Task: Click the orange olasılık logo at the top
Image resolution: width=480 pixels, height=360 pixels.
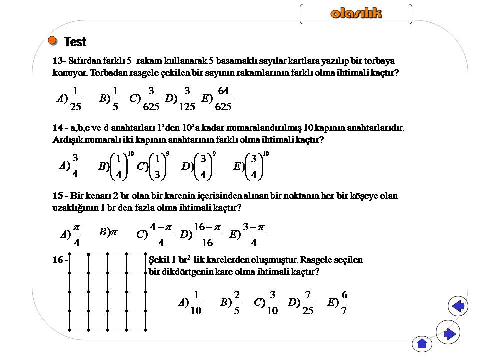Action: [x=356, y=14]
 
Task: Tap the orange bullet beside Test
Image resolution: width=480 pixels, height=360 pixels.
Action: [x=52, y=40]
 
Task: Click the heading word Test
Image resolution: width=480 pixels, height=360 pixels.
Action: [x=75, y=42]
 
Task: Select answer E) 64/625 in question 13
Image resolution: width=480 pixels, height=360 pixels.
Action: [x=217, y=98]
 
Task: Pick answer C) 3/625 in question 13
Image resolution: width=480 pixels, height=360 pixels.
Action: [x=145, y=98]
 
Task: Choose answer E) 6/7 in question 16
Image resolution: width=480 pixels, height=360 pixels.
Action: [x=338, y=302]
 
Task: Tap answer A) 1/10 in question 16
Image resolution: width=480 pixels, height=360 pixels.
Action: [x=190, y=302]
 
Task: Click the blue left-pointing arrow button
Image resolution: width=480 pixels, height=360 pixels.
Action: [x=458, y=306]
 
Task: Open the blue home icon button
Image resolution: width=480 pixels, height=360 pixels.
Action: [x=422, y=343]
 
